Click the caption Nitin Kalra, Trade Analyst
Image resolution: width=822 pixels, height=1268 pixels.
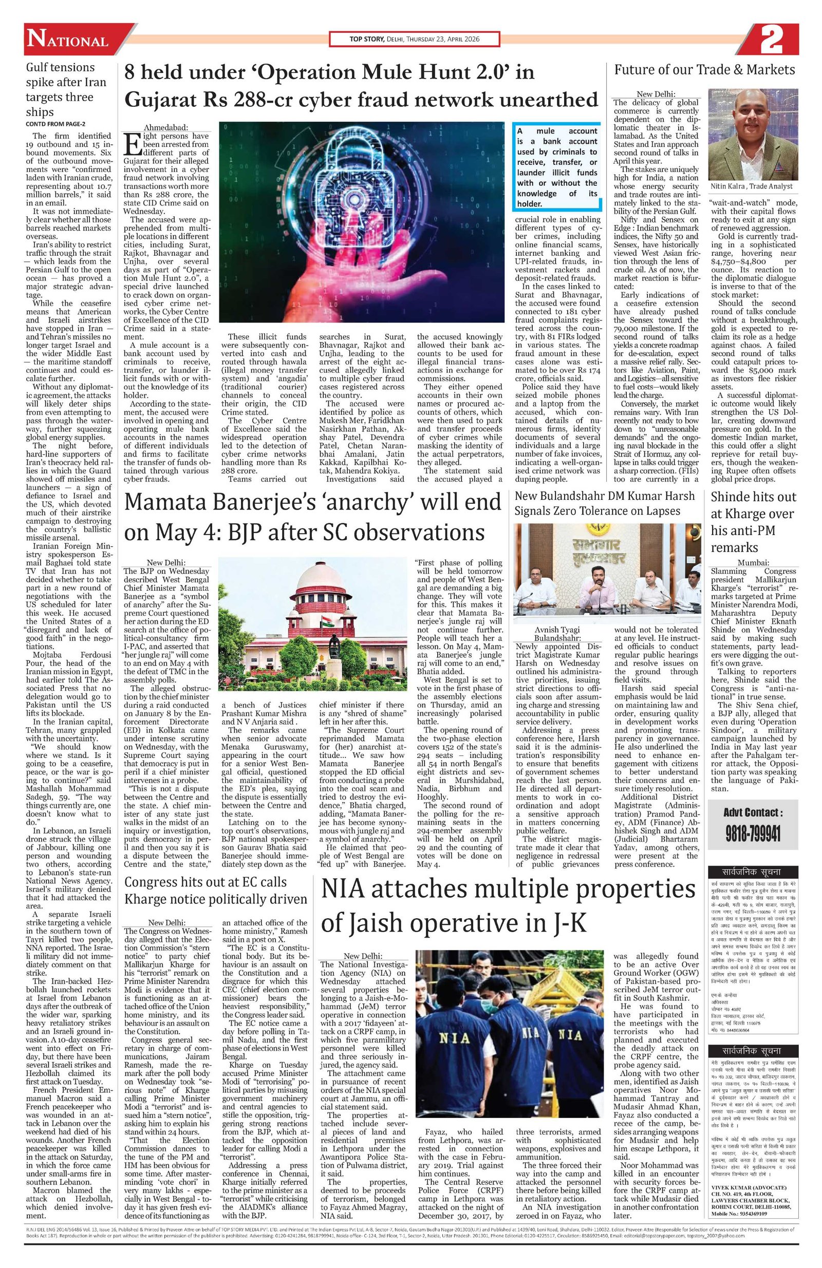tap(752, 186)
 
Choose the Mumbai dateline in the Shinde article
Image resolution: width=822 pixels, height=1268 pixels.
tap(753, 562)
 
